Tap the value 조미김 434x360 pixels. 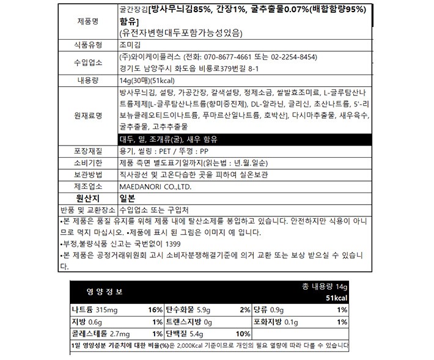pos(130,45)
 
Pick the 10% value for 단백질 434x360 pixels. pos(242,334)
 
